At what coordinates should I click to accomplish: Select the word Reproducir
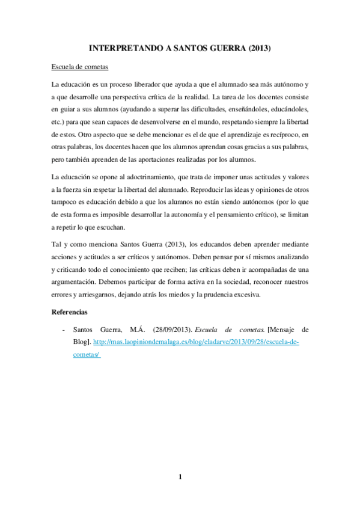(207, 191)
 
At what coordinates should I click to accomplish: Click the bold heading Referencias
(70, 313)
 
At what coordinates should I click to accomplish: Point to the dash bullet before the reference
(64, 330)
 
